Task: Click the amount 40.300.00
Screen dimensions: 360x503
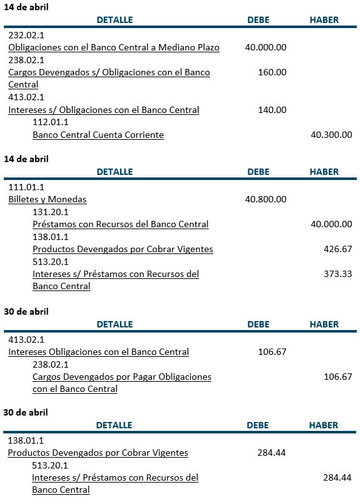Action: (x=331, y=135)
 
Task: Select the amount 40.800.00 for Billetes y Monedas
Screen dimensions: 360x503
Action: (x=266, y=199)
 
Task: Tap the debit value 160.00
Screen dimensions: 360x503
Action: (x=272, y=72)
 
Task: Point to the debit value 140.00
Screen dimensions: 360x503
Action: (x=272, y=110)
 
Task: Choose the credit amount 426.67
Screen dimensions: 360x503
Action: (x=338, y=249)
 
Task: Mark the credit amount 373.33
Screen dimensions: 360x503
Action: (x=338, y=274)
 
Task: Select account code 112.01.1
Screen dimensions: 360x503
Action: (x=50, y=122)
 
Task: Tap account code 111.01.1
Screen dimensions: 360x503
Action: (x=26, y=187)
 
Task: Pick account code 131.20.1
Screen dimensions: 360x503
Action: (x=50, y=212)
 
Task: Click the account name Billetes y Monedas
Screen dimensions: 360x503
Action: (x=47, y=199)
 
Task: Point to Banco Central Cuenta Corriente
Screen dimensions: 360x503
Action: (x=98, y=135)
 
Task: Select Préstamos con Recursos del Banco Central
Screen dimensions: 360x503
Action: (x=121, y=224)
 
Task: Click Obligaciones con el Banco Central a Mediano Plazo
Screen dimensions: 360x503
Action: (x=114, y=48)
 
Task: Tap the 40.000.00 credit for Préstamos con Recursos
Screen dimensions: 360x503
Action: (x=331, y=224)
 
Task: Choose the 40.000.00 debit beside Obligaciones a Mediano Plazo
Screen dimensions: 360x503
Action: (x=266, y=47)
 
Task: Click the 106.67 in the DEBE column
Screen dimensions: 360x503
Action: (x=272, y=352)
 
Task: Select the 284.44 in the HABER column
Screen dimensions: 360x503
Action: (x=338, y=477)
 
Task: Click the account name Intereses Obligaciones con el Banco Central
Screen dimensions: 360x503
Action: (x=98, y=352)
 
